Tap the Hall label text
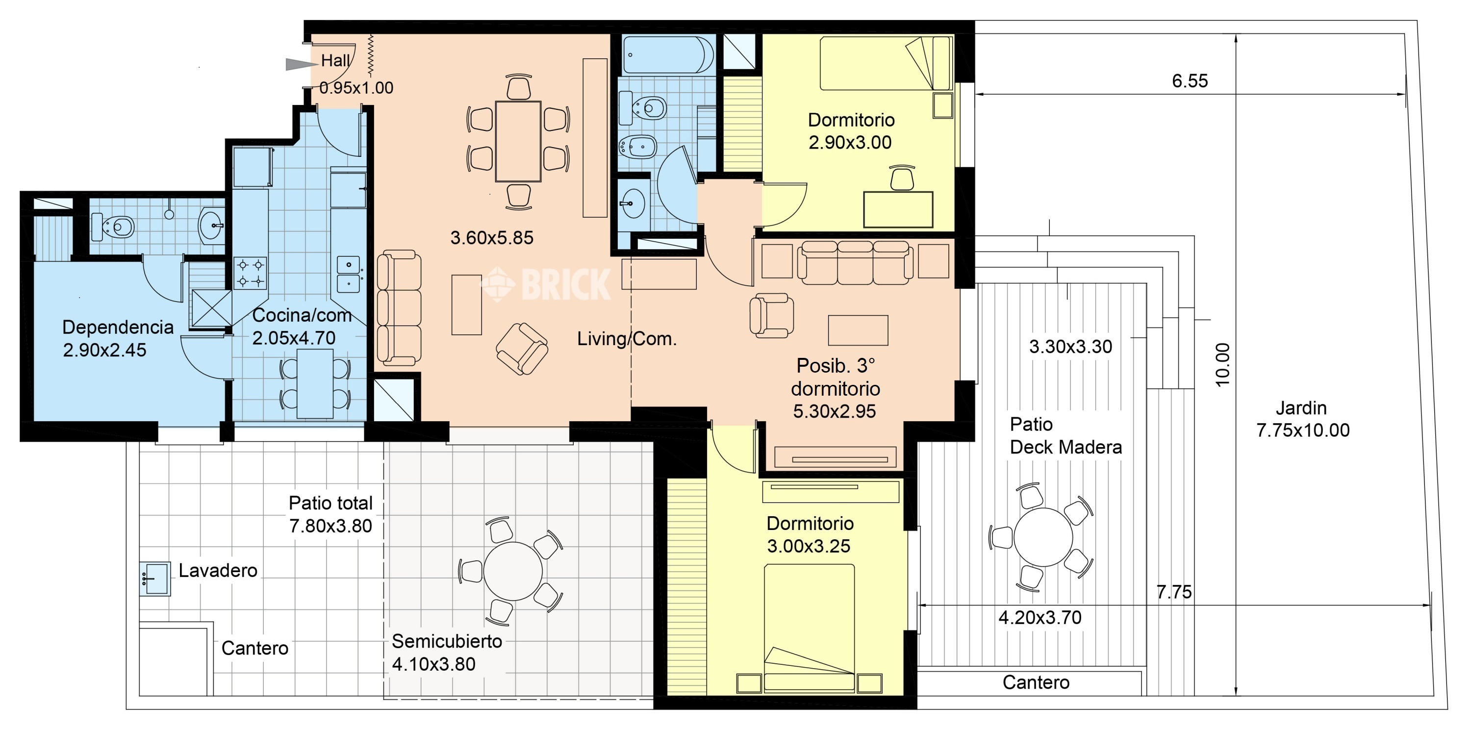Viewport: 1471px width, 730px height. pos(335,60)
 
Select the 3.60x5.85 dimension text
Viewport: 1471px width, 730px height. pos(492,237)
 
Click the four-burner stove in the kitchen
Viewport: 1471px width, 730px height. pos(250,272)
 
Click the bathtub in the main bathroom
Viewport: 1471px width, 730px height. pos(667,55)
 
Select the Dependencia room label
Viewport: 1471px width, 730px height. pos(118,327)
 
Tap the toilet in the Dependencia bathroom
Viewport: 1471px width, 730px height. pos(113,227)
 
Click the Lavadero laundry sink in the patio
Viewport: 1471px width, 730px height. pos(155,579)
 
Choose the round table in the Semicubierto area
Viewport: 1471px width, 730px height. pos(513,571)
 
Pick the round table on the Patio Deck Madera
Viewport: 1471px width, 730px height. pos(1043,537)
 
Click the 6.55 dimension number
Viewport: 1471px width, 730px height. pos(1190,81)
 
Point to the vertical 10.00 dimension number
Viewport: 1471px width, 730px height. pos(1222,365)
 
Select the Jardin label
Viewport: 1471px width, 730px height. pos(1301,408)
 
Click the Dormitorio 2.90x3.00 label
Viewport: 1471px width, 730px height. pos(851,131)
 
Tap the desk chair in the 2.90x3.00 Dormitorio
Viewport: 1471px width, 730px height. pos(902,178)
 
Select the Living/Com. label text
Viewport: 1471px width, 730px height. pos(627,339)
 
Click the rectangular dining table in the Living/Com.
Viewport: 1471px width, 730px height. pos(518,142)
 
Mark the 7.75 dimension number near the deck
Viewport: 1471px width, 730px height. pos(1174,592)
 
